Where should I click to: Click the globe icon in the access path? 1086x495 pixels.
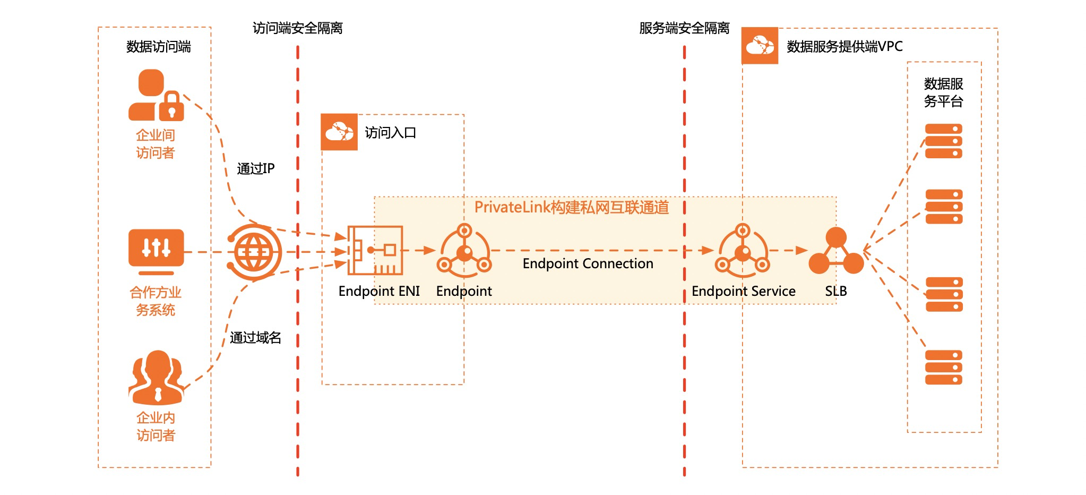[x=254, y=252]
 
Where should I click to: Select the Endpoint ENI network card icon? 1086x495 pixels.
[x=375, y=250]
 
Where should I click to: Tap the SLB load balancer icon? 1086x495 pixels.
[x=836, y=252]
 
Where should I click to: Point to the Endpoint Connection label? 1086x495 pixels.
[x=588, y=263]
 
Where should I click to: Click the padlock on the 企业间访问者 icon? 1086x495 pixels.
[x=172, y=106]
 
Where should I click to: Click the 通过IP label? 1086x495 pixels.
[x=255, y=169]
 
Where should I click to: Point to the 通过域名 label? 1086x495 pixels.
[x=255, y=338]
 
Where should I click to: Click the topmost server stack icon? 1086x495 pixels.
[x=943, y=141]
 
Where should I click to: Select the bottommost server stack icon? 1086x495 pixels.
[x=943, y=367]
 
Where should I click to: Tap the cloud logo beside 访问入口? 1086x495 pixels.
[x=339, y=132]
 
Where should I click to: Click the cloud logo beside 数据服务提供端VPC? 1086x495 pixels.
[x=760, y=46]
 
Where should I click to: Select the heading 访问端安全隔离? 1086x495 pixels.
[x=297, y=28]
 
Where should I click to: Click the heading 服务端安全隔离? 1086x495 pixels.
[x=684, y=28]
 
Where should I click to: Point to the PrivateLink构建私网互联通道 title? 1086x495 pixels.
[x=571, y=208]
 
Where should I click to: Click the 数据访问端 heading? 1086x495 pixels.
[x=158, y=47]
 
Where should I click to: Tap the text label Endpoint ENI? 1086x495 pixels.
[x=379, y=291]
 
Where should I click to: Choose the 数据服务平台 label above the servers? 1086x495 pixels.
[x=943, y=92]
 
